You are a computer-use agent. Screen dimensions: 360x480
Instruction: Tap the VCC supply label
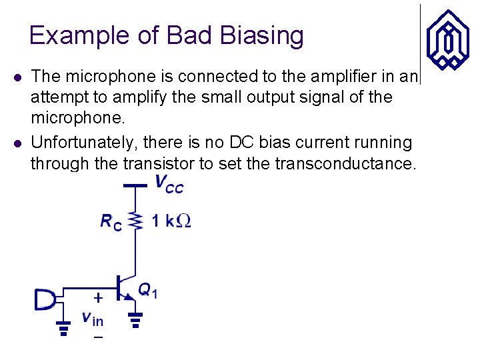pyautogui.click(x=168, y=183)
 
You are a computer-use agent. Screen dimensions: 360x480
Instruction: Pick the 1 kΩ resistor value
pyautogui.click(x=171, y=221)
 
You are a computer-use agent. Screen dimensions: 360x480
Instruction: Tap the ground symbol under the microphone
pyautogui.click(x=64, y=329)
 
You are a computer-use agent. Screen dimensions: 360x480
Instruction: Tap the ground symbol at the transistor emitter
pyautogui.click(x=136, y=323)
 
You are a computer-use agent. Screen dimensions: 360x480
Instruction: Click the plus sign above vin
pyautogui.click(x=98, y=297)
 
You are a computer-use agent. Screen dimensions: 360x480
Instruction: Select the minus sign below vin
pyautogui.click(x=97, y=338)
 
